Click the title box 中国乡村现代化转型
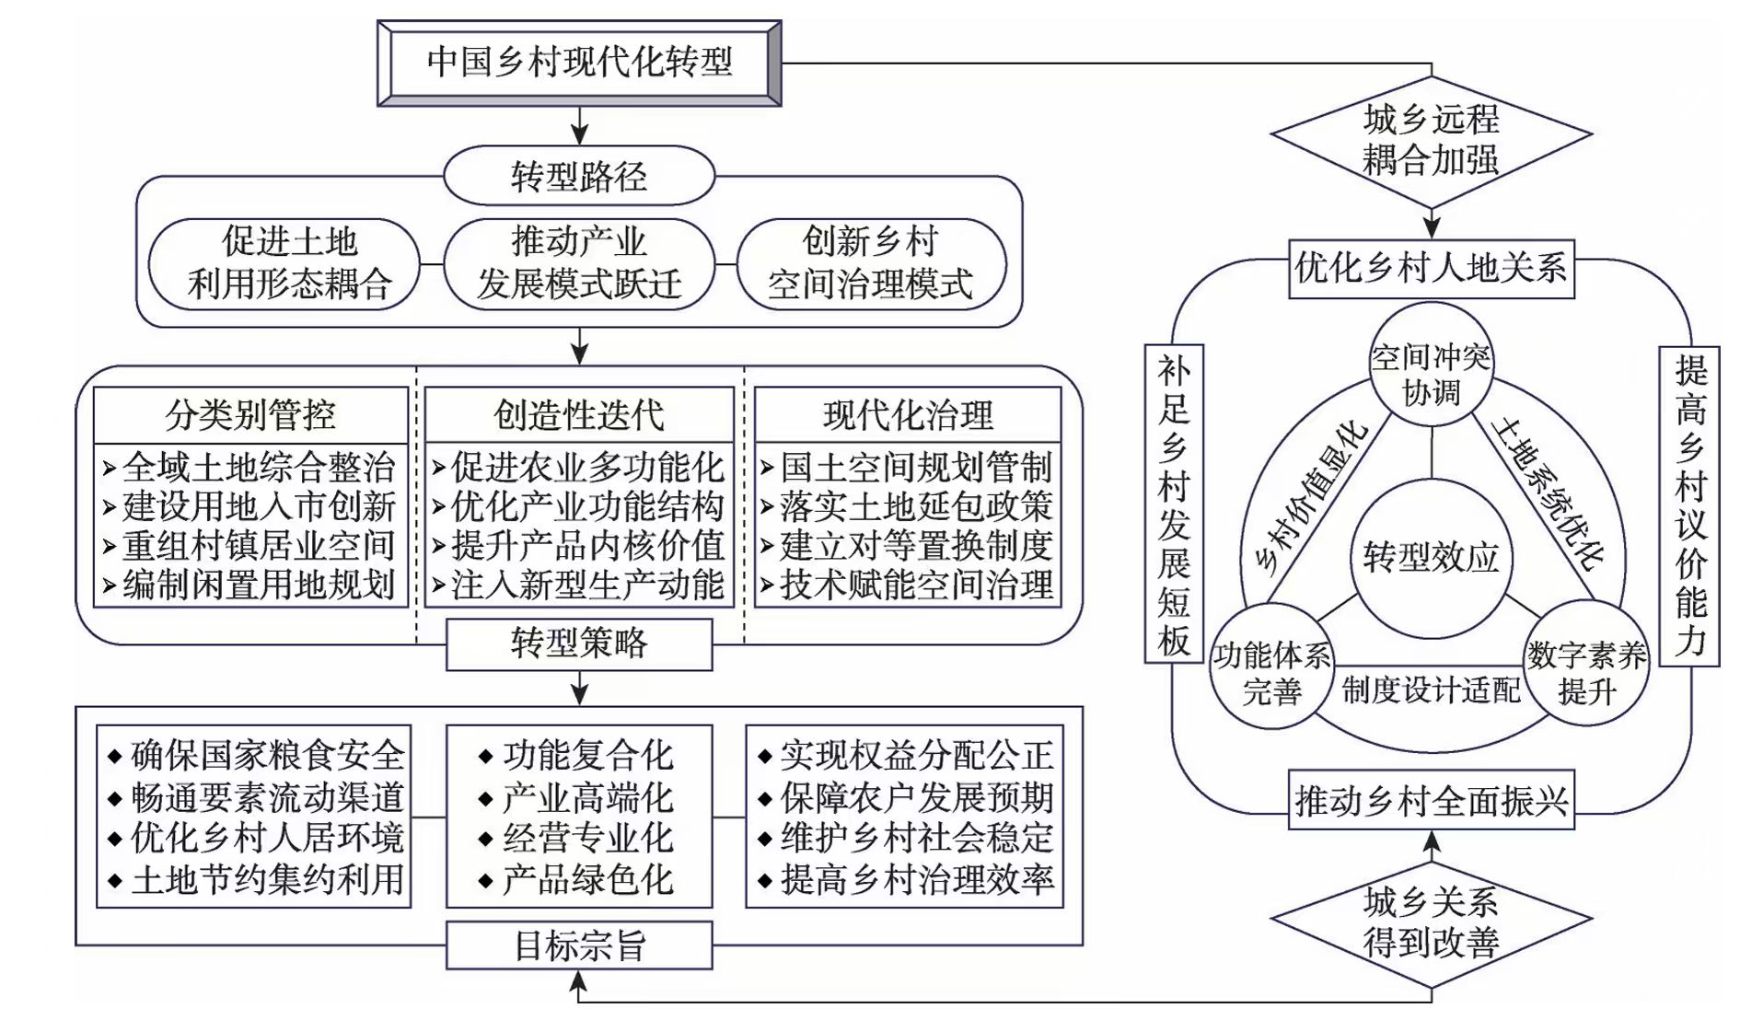coord(579,63)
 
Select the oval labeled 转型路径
coord(579,176)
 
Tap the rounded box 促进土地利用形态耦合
coord(288,263)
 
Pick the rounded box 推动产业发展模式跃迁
coord(579,263)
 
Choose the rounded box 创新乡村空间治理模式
coord(871,263)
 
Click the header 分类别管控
coord(250,415)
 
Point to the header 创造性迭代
coord(579,415)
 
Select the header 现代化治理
coord(908,415)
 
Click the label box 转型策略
coord(579,643)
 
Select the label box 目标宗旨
coord(579,945)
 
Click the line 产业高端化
coord(586,797)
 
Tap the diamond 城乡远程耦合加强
coord(1431,139)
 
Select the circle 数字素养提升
coord(1586,671)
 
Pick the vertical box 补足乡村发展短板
coord(1174,504)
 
